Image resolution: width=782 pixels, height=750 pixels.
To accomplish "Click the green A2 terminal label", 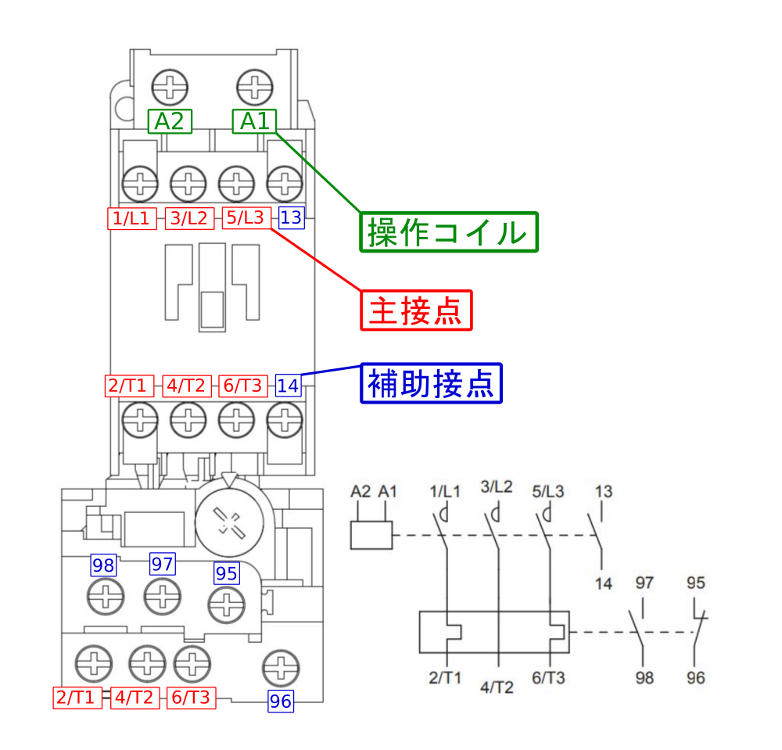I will coord(170,121).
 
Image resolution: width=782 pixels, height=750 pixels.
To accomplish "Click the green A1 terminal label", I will coord(254,121).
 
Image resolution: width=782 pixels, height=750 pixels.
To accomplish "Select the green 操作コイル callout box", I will coord(449,232).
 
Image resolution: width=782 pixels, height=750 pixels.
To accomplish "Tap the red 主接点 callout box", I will coord(417,310).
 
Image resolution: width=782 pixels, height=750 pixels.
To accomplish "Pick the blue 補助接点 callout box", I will coord(431,383).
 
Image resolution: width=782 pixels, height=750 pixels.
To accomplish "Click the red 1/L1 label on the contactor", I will coord(131,218).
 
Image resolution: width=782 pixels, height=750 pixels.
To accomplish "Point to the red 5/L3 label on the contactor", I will coord(246,218).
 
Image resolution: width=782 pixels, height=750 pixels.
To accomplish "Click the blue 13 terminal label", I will coord(291,217).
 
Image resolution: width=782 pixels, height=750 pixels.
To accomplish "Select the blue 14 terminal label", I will coord(288,386).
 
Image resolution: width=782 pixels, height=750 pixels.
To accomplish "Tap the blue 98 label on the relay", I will coord(103,565).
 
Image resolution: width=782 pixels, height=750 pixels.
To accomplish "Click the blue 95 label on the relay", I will coord(226,573).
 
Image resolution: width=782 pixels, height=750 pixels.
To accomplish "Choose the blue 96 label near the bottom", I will coord(281,702).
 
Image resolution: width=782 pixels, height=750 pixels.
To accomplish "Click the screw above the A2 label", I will coord(169,86).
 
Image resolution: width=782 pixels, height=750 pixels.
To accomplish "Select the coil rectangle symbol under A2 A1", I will coord(371,535).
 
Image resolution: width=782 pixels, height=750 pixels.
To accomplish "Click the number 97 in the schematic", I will coord(644,583).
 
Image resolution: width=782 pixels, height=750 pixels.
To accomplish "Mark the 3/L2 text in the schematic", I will coord(497,486).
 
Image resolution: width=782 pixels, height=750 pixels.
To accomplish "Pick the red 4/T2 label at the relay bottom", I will coord(135,698).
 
